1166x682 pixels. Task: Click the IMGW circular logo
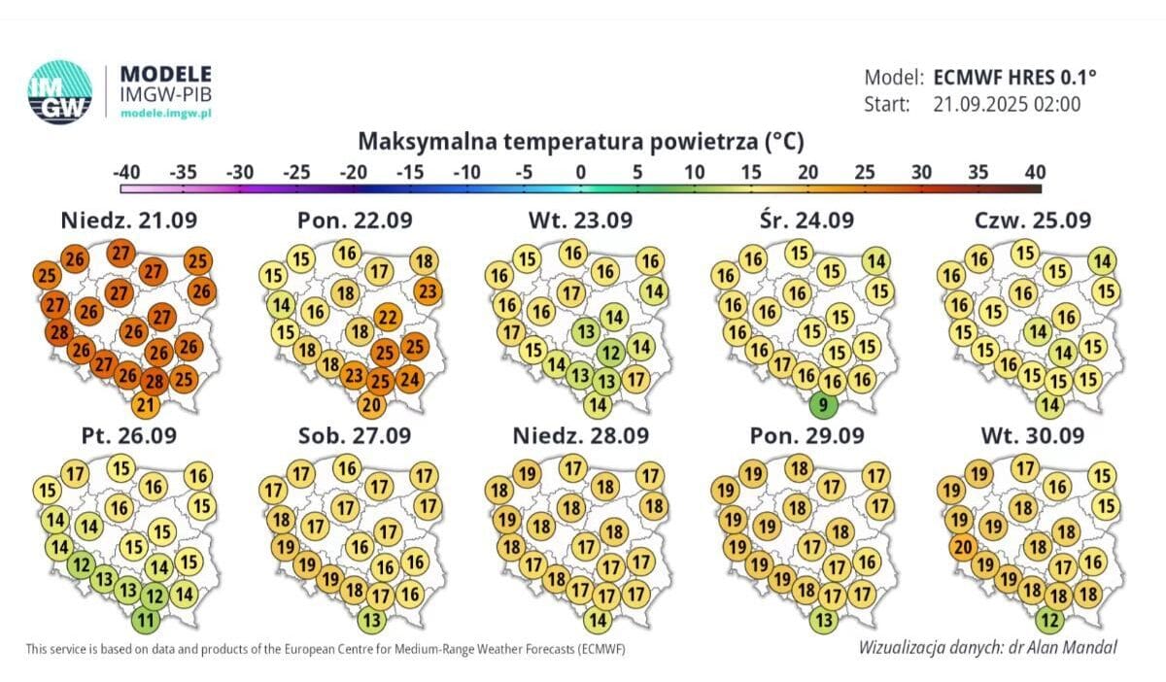60,91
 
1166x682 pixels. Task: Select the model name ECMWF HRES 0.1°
1016,78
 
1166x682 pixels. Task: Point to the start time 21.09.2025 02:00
1007,104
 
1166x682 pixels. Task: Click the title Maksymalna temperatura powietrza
581,142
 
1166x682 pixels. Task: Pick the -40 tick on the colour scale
126,172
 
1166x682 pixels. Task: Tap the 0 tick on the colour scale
581,172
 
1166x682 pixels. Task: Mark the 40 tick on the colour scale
1035,172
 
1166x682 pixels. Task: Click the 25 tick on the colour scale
865,172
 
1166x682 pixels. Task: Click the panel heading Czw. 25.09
1033,221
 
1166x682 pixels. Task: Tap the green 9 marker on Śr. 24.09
822,404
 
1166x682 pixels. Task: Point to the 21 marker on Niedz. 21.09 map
145,404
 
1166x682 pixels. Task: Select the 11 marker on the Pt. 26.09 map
145,618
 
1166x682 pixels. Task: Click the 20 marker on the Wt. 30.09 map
963,547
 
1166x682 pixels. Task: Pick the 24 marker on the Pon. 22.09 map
410,379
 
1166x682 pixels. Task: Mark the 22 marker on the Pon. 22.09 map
387,317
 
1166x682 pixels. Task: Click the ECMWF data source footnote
326,648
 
